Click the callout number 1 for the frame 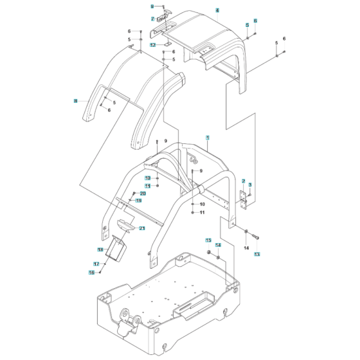point(208,138)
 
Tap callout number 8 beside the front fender point(75,101)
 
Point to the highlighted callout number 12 point(153,45)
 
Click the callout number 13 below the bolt point(258,255)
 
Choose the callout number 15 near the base point(208,240)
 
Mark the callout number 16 point(91,273)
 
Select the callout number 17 point(95,264)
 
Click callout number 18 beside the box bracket point(100,249)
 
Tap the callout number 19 point(138,201)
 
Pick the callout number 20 point(143,194)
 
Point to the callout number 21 point(142,228)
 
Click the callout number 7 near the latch point(153,19)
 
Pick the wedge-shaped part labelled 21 point(123,225)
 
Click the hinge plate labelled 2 point(244,201)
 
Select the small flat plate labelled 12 point(163,44)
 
